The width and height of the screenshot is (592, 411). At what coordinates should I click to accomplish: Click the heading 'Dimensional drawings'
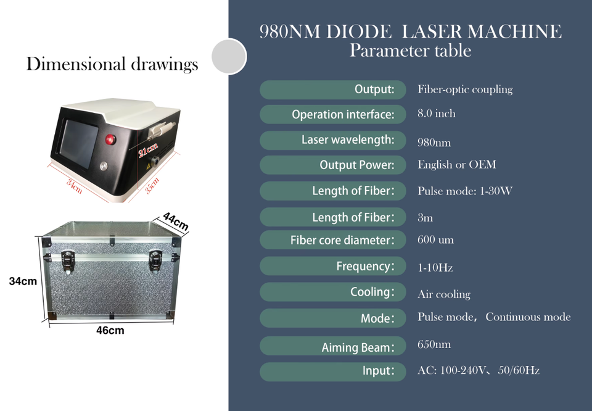tap(112, 64)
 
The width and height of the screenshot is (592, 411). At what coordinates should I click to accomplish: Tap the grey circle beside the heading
tap(229, 56)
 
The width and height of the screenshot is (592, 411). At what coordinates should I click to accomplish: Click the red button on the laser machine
tap(112, 138)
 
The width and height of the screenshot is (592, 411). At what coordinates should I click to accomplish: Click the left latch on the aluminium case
tap(68, 259)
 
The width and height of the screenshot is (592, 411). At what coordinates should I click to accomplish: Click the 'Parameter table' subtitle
tap(410, 51)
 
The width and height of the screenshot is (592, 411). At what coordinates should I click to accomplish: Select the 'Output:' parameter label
tap(374, 89)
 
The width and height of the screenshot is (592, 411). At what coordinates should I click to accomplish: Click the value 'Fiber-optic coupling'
tap(465, 89)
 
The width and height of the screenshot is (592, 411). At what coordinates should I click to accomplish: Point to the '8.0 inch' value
tap(437, 114)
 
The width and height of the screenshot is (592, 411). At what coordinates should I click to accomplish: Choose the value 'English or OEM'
tap(456, 165)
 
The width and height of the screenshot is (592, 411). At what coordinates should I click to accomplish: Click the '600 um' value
tap(435, 239)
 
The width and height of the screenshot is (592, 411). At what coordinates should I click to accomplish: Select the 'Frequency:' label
tap(364, 267)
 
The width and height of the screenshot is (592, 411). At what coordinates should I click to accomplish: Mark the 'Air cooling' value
tap(443, 294)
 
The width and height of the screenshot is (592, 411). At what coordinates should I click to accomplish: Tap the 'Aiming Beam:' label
tap(357, 348)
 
